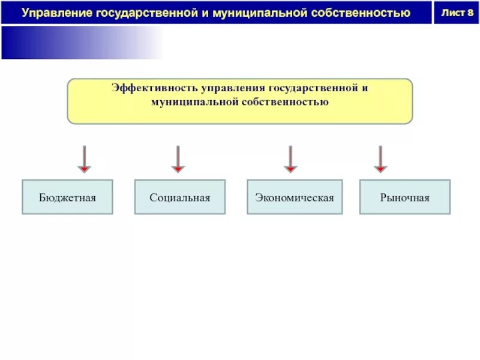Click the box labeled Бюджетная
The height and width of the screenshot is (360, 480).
67,197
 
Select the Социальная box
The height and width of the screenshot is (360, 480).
180,197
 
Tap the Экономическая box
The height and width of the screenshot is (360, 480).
294,197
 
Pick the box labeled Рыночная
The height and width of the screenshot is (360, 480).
404,197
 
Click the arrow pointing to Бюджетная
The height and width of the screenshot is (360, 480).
85,159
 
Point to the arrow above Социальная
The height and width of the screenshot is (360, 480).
178,159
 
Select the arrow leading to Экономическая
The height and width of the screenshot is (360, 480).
290,159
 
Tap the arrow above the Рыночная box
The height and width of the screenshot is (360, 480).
380,159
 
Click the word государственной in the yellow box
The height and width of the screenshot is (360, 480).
312,88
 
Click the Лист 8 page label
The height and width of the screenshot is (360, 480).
457,13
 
